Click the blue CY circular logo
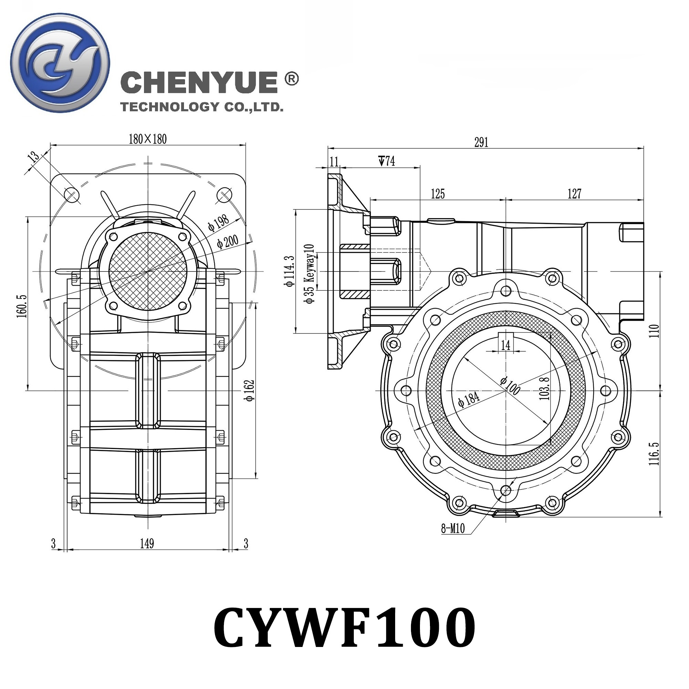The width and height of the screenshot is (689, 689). (x=60, y=63)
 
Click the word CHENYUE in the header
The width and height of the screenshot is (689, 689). (x=199, y=82)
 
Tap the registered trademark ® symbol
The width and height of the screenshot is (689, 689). (x=292, y=79)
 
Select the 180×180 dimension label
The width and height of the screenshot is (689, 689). (x=148, y=139)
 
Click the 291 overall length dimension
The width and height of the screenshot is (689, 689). (x=481, y=142)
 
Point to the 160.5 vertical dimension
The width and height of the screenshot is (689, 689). (x=22, y=306)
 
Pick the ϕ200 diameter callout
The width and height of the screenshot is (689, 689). (x=227, y=241)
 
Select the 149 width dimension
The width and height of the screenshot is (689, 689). (x=147, y=544)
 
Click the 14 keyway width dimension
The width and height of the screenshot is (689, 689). (x=506, y=345)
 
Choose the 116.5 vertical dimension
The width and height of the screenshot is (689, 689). (x=654, y=454)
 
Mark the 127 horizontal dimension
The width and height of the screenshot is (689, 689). (x=574, y=194)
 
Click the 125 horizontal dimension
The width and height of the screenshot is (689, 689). (x=438, y=194)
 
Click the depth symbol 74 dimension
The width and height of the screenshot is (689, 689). (x=387, y=161)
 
